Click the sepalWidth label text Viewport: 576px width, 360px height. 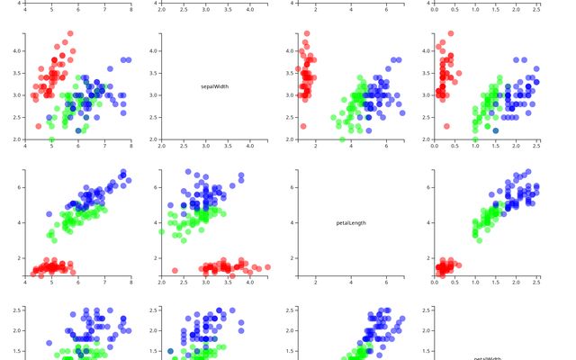(214, 86)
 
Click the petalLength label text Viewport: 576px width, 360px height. (351, 222)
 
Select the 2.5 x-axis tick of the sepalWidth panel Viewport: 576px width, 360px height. (184, 146)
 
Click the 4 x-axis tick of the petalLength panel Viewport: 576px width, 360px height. (351, 282)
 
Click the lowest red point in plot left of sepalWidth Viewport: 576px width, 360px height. (39, 126)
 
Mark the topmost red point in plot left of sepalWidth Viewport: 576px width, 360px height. (70, 34)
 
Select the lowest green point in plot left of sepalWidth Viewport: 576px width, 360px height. (51, 139)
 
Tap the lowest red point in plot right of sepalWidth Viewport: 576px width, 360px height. (302, 126)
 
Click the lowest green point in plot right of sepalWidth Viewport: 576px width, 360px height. (342, 139)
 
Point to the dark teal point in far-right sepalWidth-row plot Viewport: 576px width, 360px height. (496, 130)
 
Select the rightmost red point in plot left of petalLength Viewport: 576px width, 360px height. (267, 267)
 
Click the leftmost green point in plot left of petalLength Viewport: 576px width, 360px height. (162, 231)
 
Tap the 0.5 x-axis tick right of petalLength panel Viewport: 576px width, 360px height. (454, 282)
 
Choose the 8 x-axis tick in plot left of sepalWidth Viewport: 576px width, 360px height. (131, 146)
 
